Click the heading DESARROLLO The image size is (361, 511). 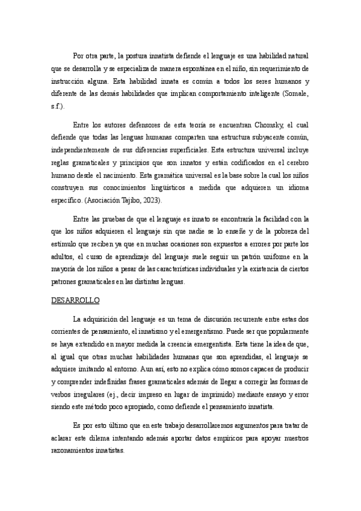point(75,299)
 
